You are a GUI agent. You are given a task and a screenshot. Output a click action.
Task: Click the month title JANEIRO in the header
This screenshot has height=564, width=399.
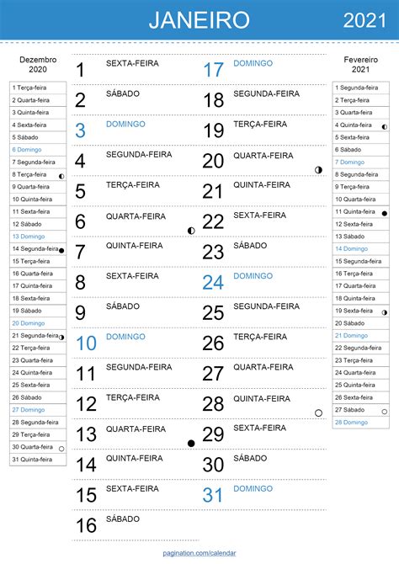tap(199, 20)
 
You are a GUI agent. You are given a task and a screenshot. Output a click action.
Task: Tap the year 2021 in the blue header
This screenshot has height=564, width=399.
tap(360, 20)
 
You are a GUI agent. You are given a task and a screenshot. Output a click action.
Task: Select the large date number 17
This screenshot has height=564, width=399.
tap(213, 70)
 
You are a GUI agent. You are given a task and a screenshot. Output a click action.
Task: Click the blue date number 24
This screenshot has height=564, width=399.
tap(213, 283)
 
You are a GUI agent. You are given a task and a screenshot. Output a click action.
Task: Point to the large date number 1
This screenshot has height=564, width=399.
tap(81, 70)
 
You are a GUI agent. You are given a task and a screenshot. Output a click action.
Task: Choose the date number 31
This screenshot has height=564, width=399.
tap(213, 495)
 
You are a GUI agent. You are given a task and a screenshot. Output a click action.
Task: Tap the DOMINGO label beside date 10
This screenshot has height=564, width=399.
tap(125, 337)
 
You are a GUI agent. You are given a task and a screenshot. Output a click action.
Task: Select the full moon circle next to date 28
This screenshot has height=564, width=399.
tap(317, 412)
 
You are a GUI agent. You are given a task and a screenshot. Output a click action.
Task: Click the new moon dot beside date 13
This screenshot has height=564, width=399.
tap(191, 443)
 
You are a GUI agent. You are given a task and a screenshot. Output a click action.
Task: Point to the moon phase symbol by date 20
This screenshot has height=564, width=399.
tap(318, 169)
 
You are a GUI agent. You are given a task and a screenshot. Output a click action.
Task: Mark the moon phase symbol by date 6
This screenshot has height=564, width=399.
tap(191, 230)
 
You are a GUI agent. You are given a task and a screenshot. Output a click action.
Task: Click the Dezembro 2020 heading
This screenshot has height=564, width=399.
tap(38, 64)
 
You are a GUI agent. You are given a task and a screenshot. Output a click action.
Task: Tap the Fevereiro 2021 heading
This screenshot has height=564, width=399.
tap(361, 64)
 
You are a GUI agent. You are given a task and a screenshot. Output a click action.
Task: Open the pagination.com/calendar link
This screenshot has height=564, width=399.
tap(199, 553)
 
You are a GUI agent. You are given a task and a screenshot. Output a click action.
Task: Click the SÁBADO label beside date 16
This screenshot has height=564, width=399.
tap(123, 519)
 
